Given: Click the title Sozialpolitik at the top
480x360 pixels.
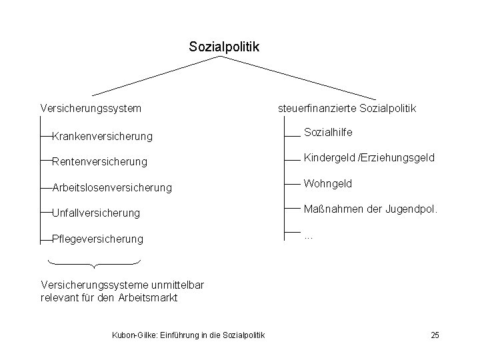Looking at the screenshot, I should coord(224,47).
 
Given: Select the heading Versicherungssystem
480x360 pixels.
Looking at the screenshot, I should coord(91,107).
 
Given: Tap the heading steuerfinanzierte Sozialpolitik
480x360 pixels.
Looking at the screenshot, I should coord(347,107).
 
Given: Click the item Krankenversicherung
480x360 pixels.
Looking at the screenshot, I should coord(102,137).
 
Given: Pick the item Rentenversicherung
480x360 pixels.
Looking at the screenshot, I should coord(100,162).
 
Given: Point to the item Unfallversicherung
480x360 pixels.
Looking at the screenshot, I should coord(96,213).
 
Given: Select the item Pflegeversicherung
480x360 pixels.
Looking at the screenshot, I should coord(97,239).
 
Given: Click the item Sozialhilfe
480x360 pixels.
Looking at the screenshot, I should coord(328,133).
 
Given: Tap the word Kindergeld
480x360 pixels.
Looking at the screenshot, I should coord(329,158).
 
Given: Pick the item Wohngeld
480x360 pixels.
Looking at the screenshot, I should coord(328,183).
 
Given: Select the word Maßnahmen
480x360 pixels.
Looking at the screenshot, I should coord(333,209).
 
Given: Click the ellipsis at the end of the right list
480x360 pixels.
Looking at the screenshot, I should coord(309,235).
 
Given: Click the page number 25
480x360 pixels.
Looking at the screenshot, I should coord(435,335).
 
